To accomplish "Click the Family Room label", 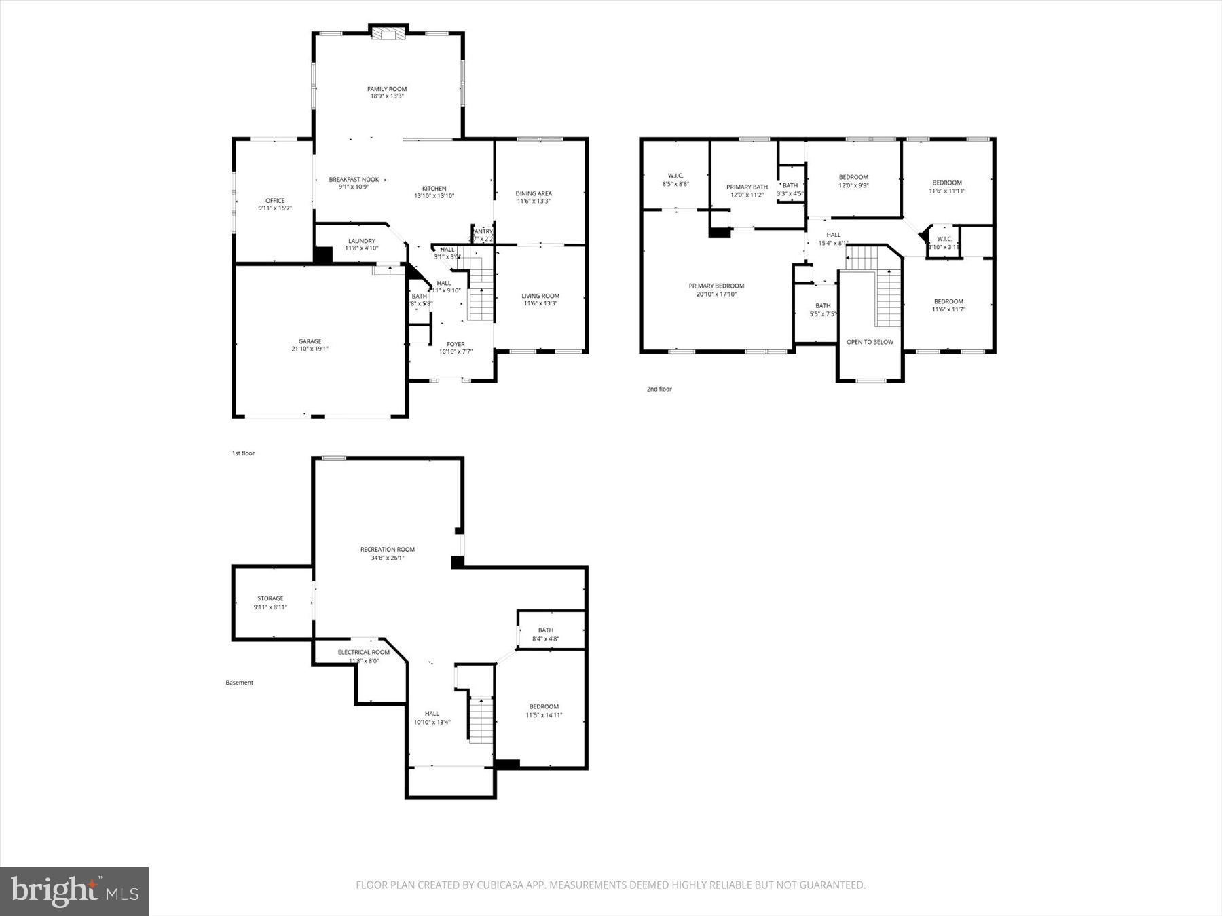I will click(x=387, y=89).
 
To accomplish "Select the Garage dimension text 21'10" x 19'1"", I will click(x=310, y=349).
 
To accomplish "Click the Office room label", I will click(x=275, y=201).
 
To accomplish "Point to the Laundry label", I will click(x=361, y=241).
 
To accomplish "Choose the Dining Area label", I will click(x=534, y=193).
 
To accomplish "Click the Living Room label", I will click(x=540, y=296).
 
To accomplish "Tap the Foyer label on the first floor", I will click(x=456, y=344).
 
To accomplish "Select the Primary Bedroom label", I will click(x=716, y=286).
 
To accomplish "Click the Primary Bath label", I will click(x=747, y=187).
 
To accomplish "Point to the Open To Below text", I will click(x=870, y=342).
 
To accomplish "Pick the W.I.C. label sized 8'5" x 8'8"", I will click(x=675, y=176).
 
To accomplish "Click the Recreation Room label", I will click(x=387, y=550).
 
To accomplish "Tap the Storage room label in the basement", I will click(x=270, y=598).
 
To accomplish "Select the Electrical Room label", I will click(x=364, y=653).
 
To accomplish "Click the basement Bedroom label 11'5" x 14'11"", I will click(x=544, y=707).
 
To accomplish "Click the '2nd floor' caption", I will click(x=659, y=389).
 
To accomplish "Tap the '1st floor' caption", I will click(x=243, y=453).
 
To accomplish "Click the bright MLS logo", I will click(x=74, y=891).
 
